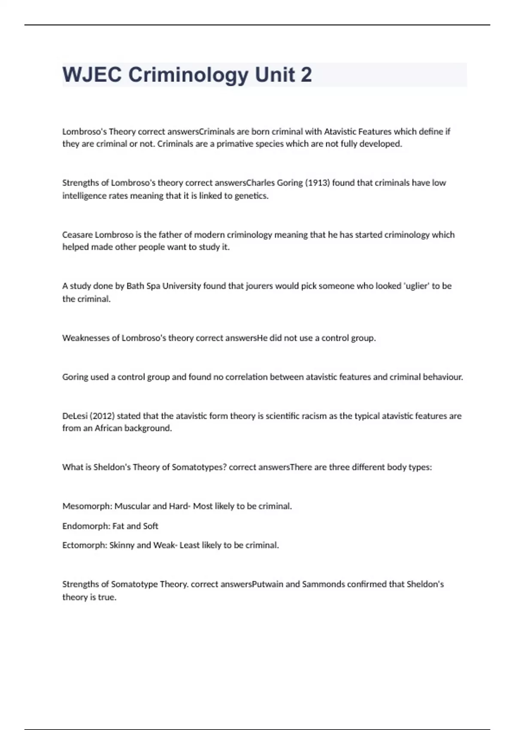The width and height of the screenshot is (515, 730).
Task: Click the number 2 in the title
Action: tap(306, 75)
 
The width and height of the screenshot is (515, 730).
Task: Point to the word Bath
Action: tap(136, 286)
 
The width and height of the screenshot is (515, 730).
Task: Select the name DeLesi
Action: tap(75, 416)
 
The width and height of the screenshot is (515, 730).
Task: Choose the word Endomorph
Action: tap(86, 526)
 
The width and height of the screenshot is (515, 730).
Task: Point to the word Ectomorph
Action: tap(85, 545)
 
